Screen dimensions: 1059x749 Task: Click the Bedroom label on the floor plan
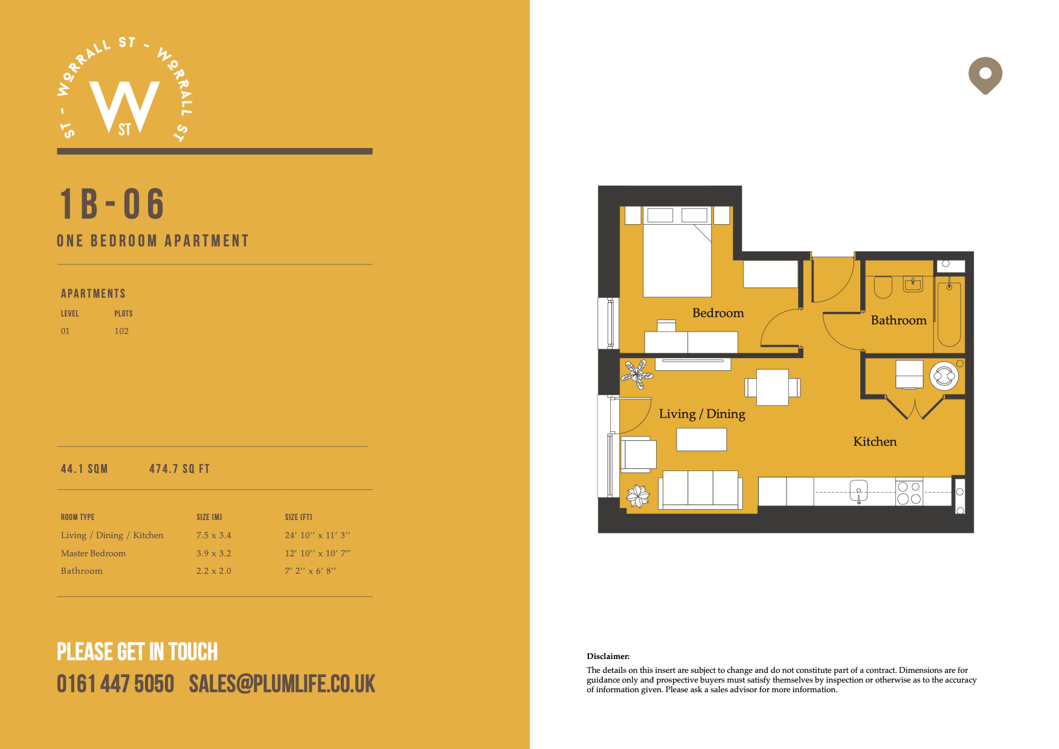click(x=718, y=313)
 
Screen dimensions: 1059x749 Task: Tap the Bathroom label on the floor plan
click(x=898, y=320)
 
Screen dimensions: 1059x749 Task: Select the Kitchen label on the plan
click(x=875, y=442)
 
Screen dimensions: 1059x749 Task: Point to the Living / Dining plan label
click(x=702, y=414)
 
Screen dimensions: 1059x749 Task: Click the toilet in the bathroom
click(x=883, y=288)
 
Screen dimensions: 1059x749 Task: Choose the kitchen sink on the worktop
click(x=858, y=490)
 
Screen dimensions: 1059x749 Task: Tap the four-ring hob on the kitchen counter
click(x=909, y=492)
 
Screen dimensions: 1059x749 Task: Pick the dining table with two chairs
click(x=772, y=387)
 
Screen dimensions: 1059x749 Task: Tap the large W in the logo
click(x=124, y=106)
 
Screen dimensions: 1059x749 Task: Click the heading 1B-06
click(x=112, y=204)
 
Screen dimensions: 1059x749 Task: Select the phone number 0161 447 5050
click(x=115, y=684)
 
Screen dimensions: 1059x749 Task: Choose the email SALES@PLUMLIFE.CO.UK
click(x=282, y=684)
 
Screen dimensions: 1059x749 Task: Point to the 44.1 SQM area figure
click(x=85, y=469)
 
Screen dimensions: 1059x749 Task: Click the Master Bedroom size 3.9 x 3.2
click(x=214, y=553)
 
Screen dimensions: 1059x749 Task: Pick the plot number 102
click(x=121, y=331)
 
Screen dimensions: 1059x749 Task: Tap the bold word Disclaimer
click(x=608, y=656)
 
